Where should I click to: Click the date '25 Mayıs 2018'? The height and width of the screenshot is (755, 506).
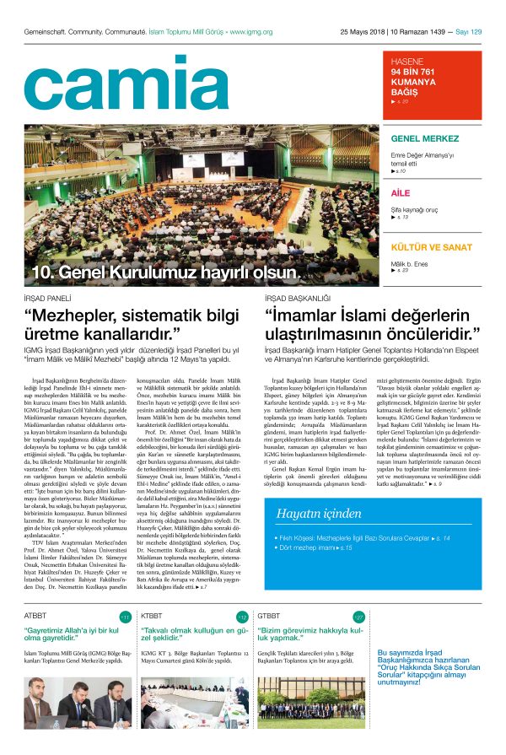[x=363, y=32]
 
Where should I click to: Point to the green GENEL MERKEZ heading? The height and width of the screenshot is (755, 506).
[x=424, y=138]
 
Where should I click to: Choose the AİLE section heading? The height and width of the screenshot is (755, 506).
[x=401, y=193]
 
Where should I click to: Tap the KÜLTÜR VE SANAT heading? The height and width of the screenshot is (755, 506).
[x=431, y=247]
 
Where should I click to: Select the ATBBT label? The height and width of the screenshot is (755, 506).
[x=36, y=616]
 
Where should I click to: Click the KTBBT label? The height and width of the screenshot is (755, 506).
[x=153, y=616]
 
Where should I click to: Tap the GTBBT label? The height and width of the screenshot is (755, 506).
[x=269, y=616]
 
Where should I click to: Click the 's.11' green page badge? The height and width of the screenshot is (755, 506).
[x=125, y=617]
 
